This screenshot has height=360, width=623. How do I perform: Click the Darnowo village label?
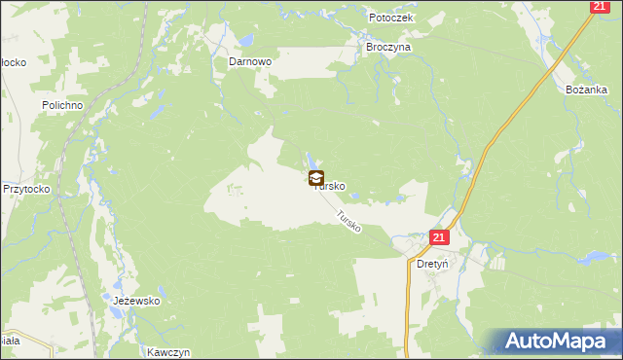(x=249, y=60)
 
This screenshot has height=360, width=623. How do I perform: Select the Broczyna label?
(x=388, y=46)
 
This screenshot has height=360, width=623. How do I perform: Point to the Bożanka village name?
(x=587, y=89)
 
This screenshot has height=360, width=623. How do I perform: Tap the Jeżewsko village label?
(x=136, y=301)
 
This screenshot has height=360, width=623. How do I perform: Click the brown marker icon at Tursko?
(x=316, y=178)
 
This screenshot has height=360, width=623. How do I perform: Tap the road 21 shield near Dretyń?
(x=438, y=237)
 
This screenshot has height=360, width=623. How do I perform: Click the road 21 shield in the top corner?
(x=599, y=7)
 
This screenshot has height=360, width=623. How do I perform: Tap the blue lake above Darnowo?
(x=245, y=41)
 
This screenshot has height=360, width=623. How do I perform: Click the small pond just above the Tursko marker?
(x=311, y=160)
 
